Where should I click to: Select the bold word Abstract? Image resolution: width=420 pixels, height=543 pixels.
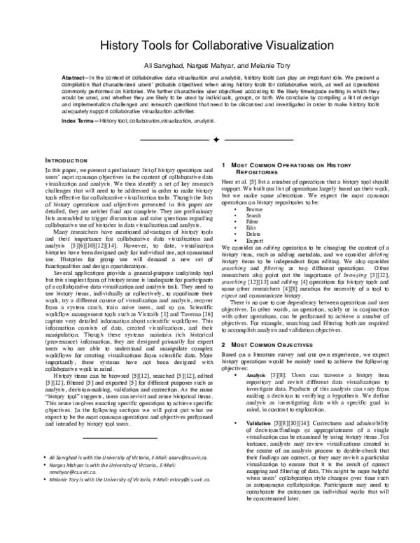pyautogui.click(x=74, y=79)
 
